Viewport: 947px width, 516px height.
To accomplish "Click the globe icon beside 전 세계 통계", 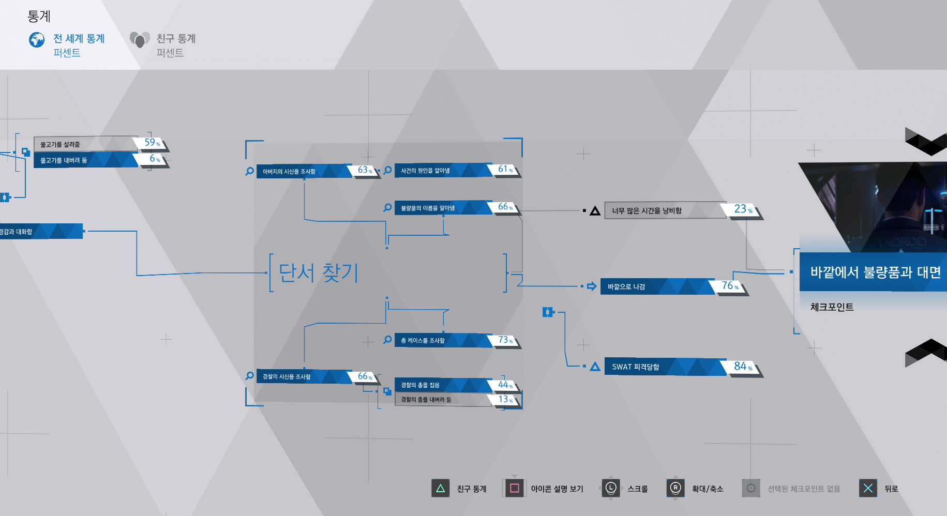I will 37,40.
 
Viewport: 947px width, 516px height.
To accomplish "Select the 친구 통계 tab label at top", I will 176,39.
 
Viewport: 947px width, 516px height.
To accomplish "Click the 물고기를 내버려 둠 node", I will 83,160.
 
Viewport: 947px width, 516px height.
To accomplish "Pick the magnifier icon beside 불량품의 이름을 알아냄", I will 387,207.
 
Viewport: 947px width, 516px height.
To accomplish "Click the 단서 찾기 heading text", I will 319,272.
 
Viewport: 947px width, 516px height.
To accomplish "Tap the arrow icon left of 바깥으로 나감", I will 592,286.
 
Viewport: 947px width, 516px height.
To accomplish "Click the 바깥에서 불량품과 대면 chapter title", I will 874,272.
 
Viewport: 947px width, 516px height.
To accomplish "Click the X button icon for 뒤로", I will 868,488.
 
